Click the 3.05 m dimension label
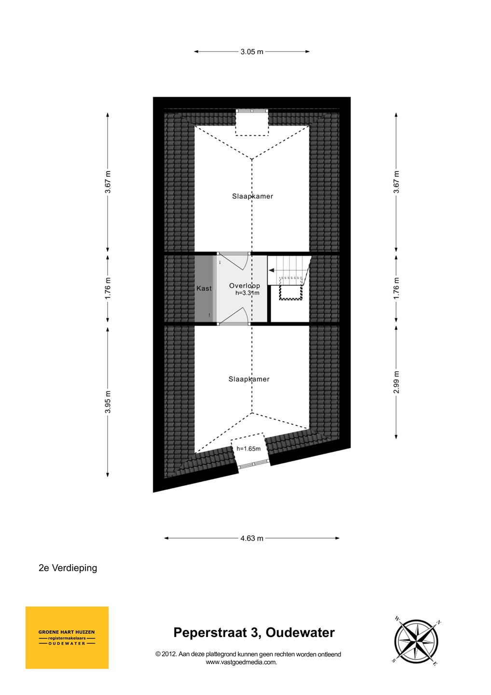click(252, 52)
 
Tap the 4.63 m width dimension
click(252, 538)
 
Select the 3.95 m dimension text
click(108, 402)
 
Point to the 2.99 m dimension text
click(396, 382)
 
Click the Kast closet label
click(204, 289)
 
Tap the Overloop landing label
click(245, 286)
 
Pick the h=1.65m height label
click(248, 449)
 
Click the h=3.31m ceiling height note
click(247, 292)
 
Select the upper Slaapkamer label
click(253, 196)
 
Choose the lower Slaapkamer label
click(249, 379)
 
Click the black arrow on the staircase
click(272, 270)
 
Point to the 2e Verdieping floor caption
click(68, 568)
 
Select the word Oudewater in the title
click(300, 632)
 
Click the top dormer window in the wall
click(252, 111)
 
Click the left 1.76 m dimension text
click(108, 288)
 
